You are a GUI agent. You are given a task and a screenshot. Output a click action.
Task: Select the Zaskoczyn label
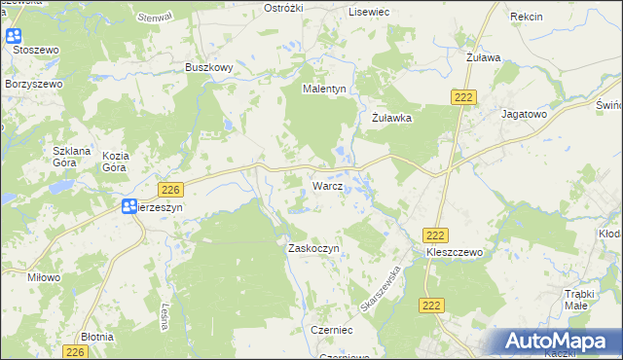[312, 248]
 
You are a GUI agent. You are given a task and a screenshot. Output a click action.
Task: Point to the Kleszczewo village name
[454, 251]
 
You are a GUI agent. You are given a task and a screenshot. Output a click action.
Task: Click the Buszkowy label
[208, 67]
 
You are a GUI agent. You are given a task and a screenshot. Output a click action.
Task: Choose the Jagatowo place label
[524, 114]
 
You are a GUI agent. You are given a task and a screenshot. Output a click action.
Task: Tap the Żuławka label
[393, 118]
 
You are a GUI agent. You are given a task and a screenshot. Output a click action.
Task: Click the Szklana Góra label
[71, 158]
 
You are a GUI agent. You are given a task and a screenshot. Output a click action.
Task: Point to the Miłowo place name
[45, 277]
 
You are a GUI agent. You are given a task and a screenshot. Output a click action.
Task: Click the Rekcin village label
[526, 17]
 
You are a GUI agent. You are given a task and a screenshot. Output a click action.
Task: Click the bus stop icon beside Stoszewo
[14, 37]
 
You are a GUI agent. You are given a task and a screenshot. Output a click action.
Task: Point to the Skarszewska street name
[381, 289]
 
